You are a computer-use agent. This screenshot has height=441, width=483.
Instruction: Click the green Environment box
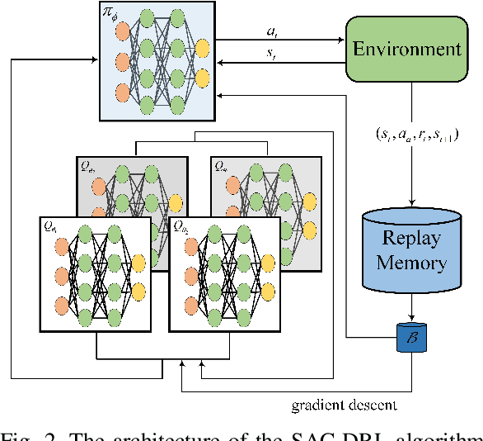tap(407, 49)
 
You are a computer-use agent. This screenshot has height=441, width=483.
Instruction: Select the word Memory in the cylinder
tap(410, 264)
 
